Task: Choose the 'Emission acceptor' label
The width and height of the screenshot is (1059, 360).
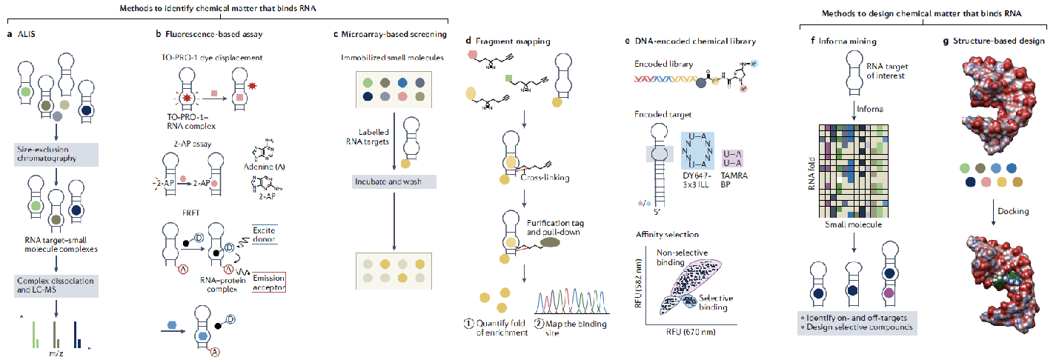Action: pos(268,282)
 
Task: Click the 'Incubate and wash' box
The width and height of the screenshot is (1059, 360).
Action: pos(395,181)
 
